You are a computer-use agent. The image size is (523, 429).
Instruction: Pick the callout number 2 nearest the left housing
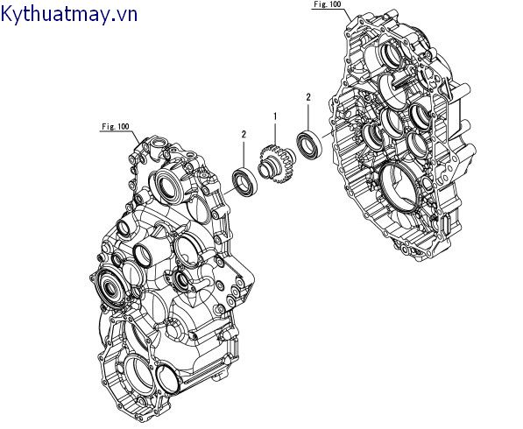click(243, 133)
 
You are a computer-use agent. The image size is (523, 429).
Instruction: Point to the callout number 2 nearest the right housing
click(308, 98)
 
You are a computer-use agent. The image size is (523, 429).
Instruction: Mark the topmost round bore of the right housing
click(396, 58)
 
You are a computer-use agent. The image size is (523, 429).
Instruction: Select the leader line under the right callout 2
click(308, 116)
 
